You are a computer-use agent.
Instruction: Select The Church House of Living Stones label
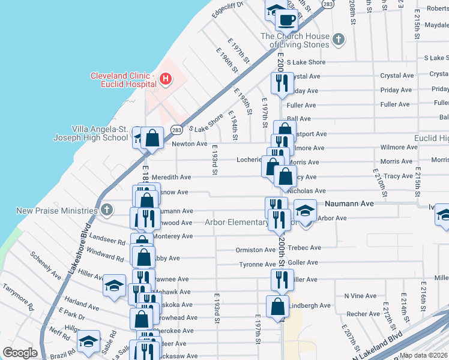pyautogui.click(x=295, y=40)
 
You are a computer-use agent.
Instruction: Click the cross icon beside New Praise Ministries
pyautogui.click(x=106, y=211)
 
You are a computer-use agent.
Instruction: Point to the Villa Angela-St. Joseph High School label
pyautogui.click(x=100, y=133)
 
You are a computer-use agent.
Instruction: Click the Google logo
pyautogui.click(x=20, y=353)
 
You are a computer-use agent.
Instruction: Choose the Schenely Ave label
pyautogui.click(x=46, y=266)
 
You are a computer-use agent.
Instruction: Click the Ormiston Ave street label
pyautogui.click(x=256, y=250)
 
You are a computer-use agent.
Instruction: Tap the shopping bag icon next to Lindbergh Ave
pyautogui.click(x=277, y=307)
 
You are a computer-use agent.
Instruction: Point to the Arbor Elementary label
pyautogui.click(x=236, y=223)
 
